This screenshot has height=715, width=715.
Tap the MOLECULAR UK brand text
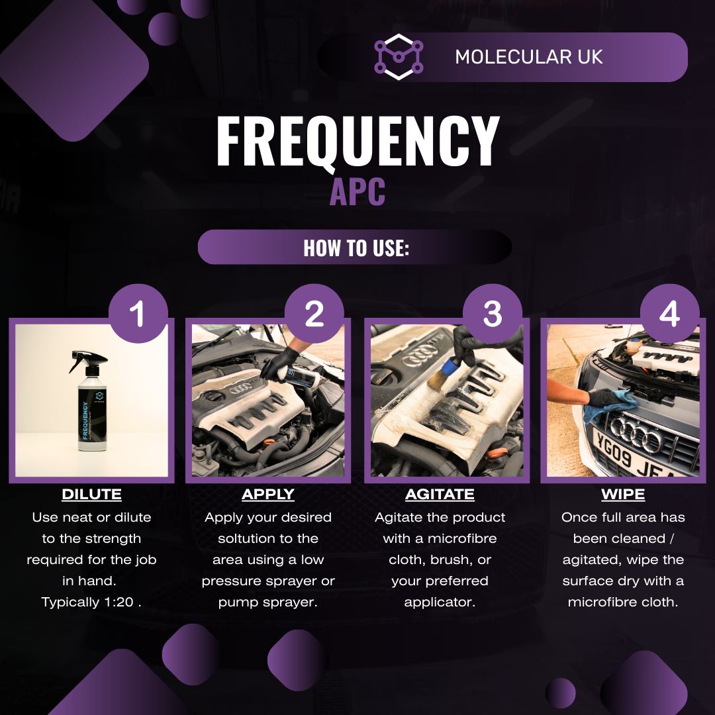(x=528, y=57)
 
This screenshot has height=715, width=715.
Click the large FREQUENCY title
(x=358, y=141)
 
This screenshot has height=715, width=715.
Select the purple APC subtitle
(x=358, y=191)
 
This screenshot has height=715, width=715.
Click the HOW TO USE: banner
(x=356, y=248)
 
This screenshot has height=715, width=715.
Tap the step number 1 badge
(x=137, y=314)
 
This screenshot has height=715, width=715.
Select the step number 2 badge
(x=314, y=314)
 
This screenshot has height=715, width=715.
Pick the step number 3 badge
(x=492, y=314)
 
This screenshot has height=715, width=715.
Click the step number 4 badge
(x=669, y=314)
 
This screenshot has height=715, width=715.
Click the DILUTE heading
(x=91, y=495)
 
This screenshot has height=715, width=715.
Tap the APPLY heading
(x=268, y=495)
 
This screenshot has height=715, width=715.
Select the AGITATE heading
(x=440, y=495)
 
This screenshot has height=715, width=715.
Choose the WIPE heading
(x=623, y=495)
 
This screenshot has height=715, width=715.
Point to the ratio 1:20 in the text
(x=108, y=602)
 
